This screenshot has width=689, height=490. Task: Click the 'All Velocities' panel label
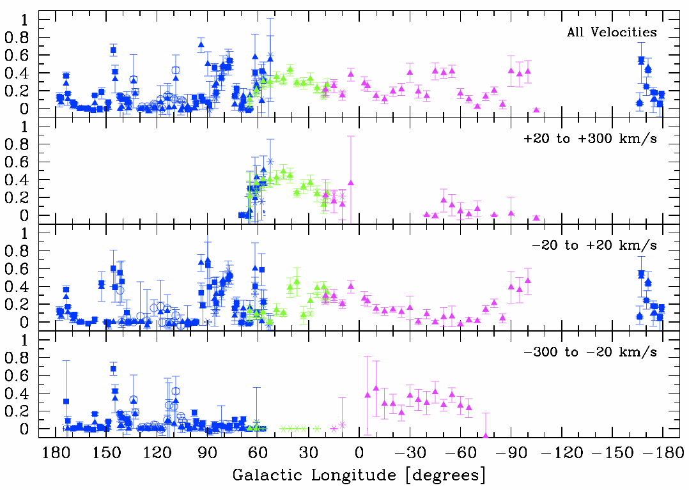[x=612, y=33]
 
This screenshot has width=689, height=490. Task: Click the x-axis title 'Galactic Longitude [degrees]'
[x=359, y=476]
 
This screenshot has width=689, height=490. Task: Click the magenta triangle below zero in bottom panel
[x=486, y=436]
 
